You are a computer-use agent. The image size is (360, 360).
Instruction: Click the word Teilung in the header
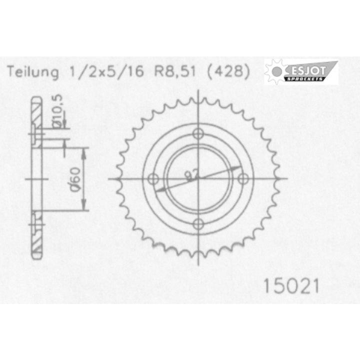[33, 72]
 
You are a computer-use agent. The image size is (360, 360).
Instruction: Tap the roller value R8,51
[171, 72]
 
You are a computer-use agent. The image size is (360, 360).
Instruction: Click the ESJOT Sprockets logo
[300, 72]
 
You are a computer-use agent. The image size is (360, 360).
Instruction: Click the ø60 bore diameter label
[75, 178]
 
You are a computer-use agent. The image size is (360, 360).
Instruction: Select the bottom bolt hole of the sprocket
[199, 223]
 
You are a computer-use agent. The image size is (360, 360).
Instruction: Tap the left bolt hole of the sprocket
[154, 178]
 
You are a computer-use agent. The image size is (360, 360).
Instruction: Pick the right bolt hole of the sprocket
[244, 178]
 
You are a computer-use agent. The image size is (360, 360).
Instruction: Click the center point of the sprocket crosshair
[199, 178]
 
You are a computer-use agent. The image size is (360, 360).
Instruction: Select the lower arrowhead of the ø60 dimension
[83, 206]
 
